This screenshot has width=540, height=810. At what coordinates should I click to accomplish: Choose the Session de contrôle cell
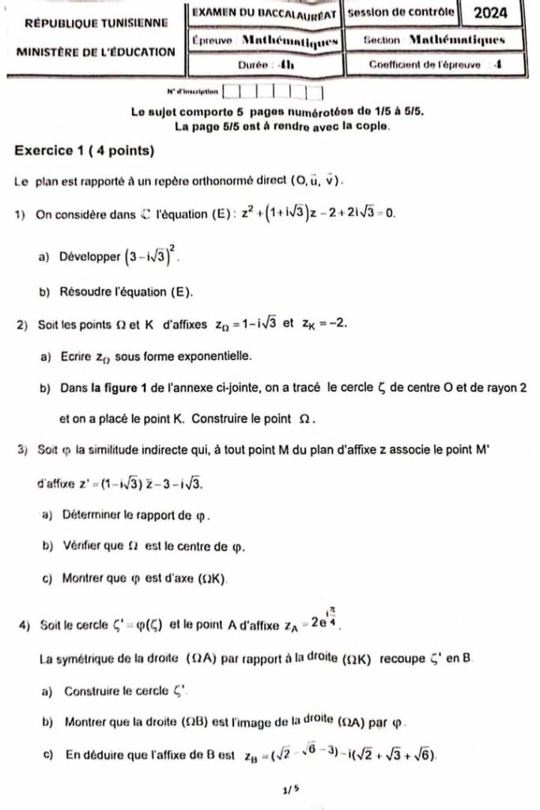401,13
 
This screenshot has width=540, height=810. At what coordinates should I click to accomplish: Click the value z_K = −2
323,324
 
